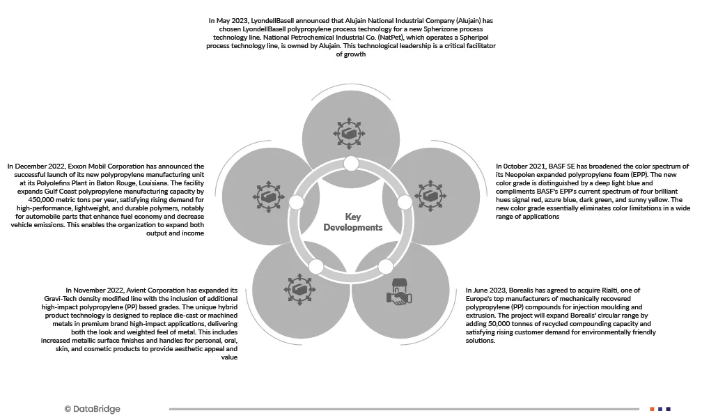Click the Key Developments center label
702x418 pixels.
coord(353,222)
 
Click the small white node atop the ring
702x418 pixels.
coord(351,164)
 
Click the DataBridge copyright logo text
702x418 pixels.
coord(92,410)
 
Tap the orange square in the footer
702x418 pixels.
coord(652,409)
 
